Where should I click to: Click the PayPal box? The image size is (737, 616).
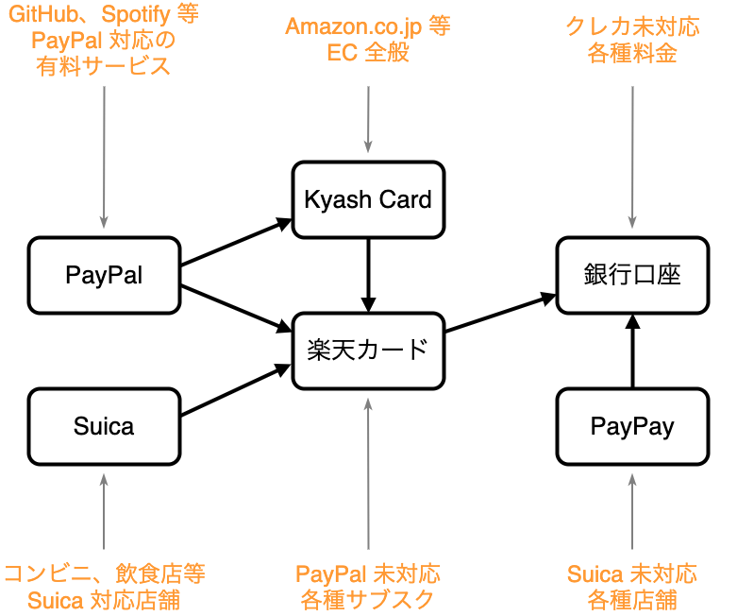(x=104, y=275)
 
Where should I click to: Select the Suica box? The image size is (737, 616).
(x=104, y=426)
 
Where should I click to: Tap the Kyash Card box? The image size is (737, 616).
(x=368, y=199)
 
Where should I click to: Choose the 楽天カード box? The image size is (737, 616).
(x=368, y=351)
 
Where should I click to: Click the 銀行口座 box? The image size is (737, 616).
(x=632, y=275)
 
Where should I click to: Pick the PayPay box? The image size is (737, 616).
(x=632, y=426)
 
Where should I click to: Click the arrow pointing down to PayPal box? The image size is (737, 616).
(x=104, y=156)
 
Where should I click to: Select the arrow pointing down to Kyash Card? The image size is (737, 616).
(x=368, y=118)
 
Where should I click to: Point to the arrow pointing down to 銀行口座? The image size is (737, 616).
(x=632, y=156)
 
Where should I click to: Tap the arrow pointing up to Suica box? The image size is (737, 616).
(x=104, y=510)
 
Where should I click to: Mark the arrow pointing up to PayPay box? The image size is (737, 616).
(x=632, y=510)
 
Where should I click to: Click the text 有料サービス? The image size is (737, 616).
(x=104, y=66)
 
